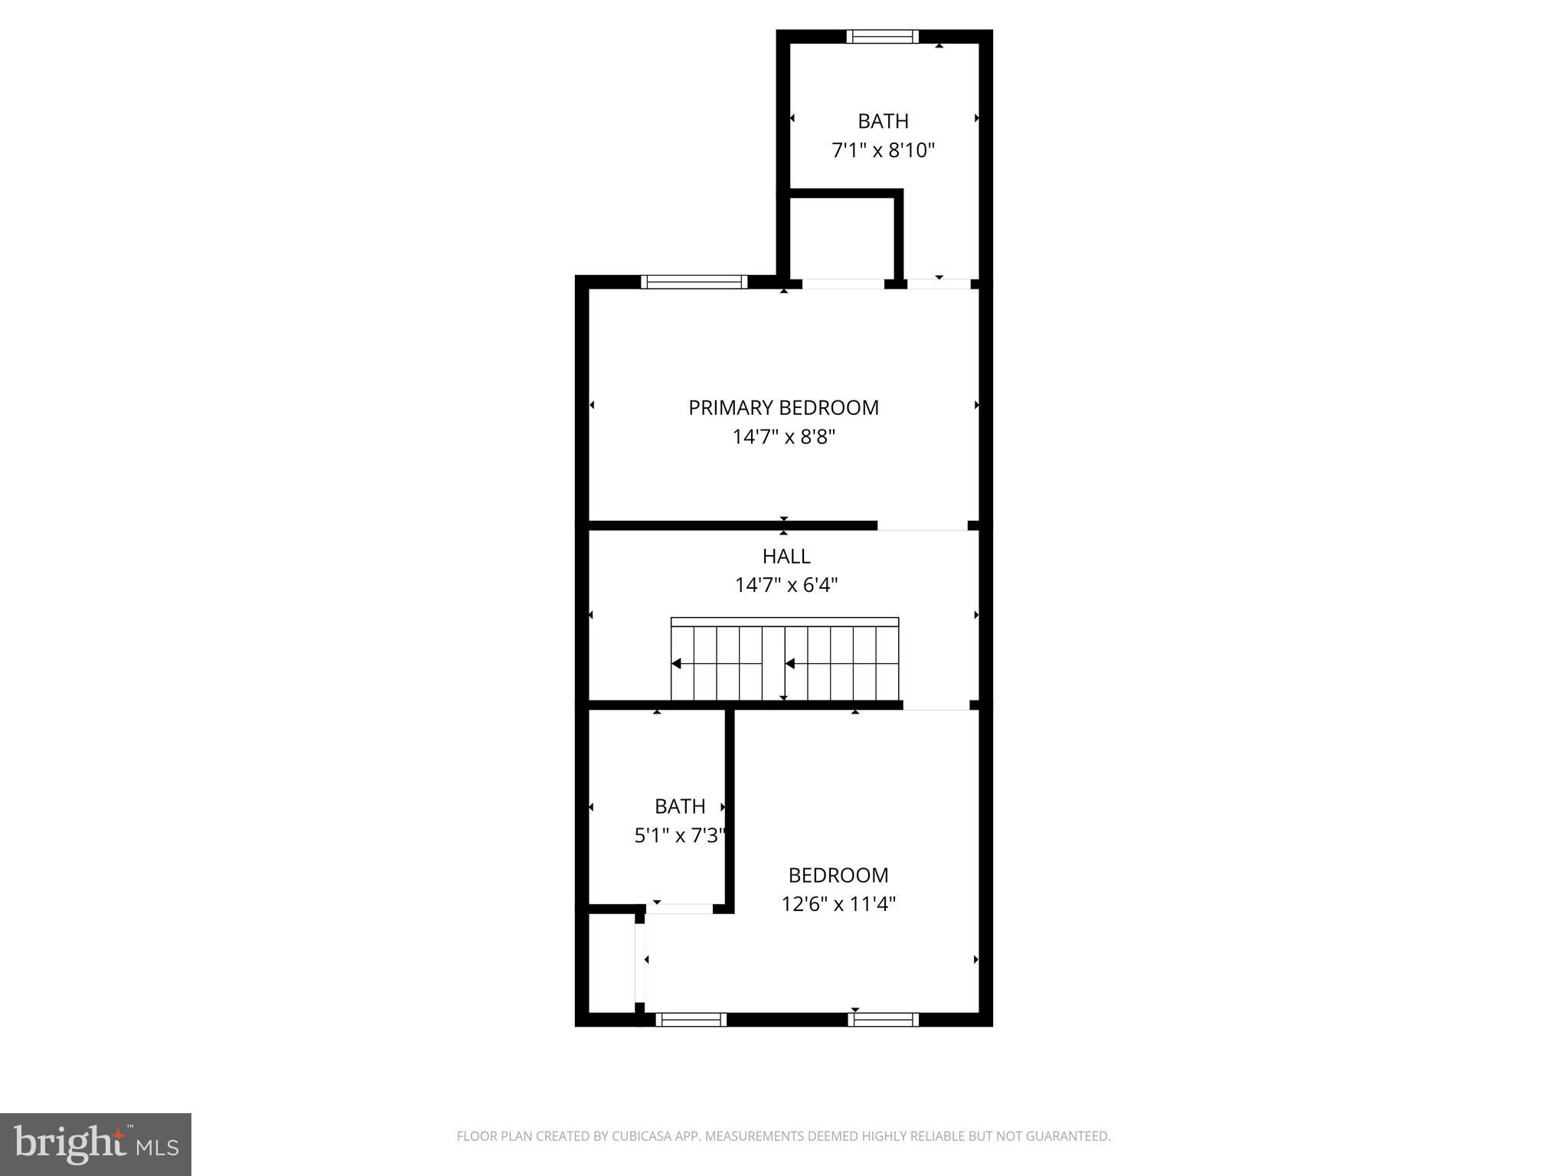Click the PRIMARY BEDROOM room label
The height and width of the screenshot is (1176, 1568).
[783, 407]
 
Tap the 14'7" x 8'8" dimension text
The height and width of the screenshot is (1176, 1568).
[783, 437]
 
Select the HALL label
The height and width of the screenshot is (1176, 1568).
[786, 556]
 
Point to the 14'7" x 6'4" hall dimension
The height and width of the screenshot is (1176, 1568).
[786, 586]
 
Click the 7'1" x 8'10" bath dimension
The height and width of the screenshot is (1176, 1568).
[883, 150]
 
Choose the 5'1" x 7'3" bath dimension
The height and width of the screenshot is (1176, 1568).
[679, 835]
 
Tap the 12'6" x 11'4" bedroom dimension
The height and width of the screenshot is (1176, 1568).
[838, 904]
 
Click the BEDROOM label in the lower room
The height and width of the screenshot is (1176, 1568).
[838, 875]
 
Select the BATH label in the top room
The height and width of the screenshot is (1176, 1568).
[883, 121]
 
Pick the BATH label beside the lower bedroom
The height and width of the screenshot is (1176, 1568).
[679, 806]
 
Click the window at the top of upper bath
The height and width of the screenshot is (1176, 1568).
[882, 36]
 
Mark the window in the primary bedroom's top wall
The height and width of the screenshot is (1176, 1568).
[694, 282]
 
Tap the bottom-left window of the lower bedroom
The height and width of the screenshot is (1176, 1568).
[691, 1019]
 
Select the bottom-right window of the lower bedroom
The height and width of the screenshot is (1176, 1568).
[882, 1019]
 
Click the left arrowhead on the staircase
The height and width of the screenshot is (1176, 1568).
[677, 664]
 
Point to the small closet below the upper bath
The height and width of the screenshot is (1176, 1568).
[841, 237]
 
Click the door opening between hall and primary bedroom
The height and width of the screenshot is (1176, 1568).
[922, 526]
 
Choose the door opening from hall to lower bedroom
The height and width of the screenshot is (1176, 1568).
[936, 705]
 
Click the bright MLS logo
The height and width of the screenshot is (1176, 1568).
[95, 1144]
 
